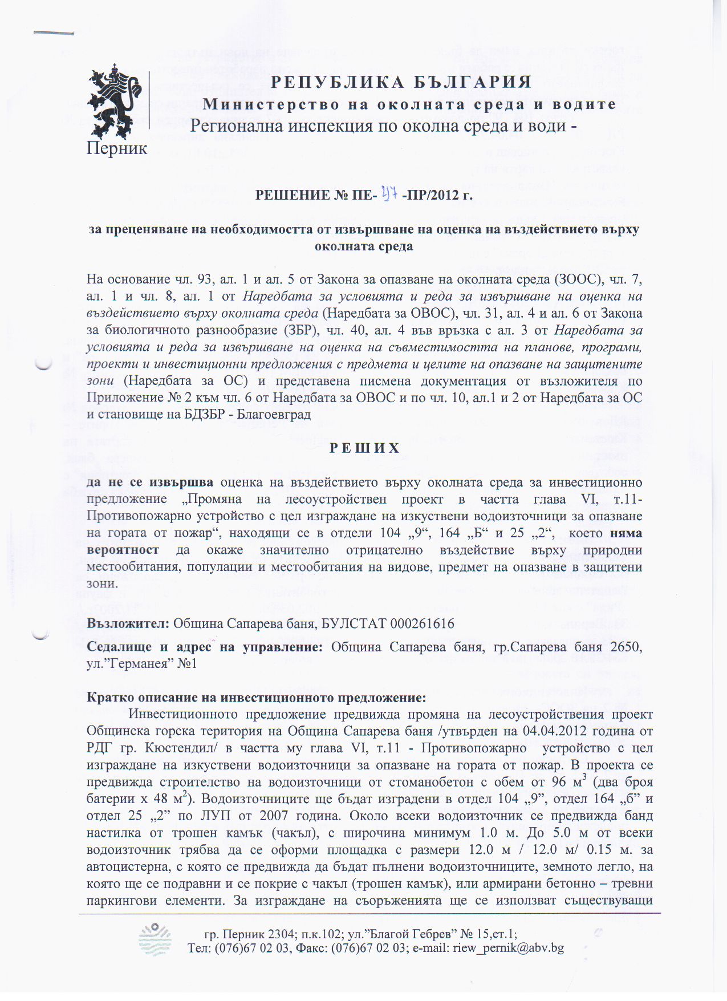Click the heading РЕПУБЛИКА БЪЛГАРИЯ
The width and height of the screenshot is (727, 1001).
click(x=401, y=82)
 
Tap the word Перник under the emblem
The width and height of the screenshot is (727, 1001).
click(x=117, y=148)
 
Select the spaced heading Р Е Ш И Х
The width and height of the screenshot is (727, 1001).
click(x=364, y=448)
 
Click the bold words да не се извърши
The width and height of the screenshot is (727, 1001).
click(x=150, y=482)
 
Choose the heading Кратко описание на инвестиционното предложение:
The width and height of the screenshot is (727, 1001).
click(x=256, y=698)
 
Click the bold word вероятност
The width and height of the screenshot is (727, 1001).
click(x=123, y=550)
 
